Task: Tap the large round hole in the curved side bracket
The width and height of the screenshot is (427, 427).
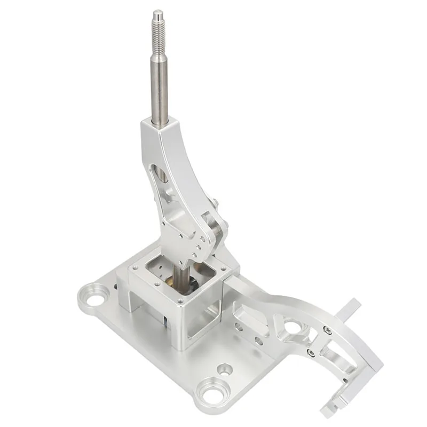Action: tap(292, 327)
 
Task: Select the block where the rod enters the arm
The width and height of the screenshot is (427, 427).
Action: tap(161, 128)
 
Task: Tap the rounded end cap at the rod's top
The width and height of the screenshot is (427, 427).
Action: tap(157, 13)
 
